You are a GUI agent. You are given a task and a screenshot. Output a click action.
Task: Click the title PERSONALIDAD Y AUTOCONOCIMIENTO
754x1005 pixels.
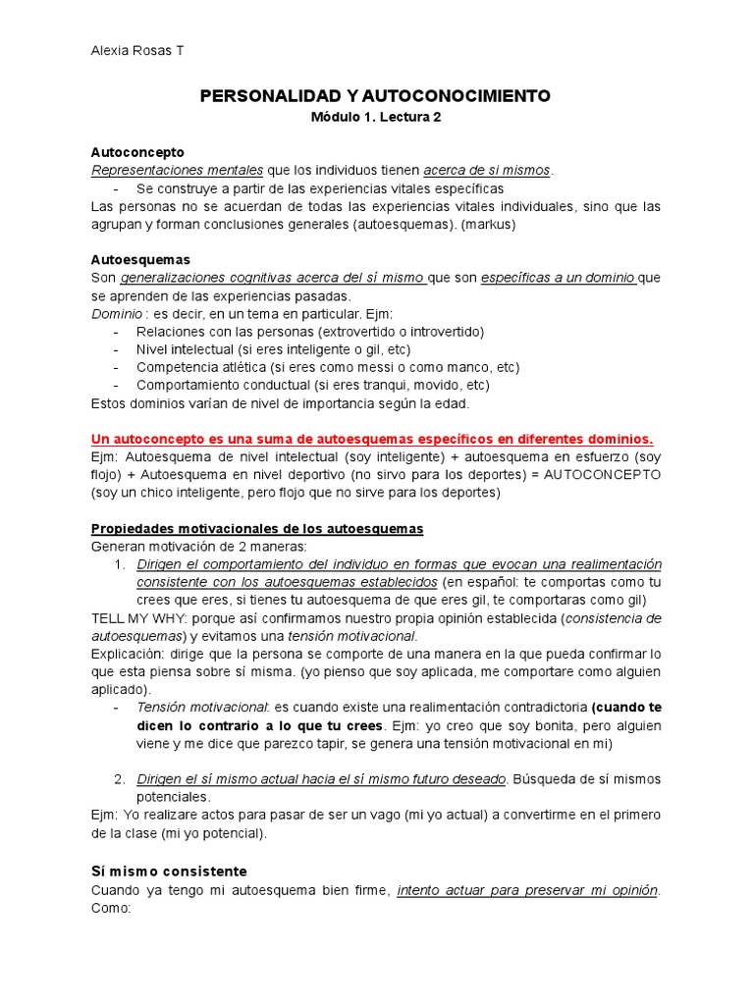coord(376,95)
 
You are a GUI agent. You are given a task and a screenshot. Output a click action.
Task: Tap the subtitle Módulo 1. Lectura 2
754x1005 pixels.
coord(376,117)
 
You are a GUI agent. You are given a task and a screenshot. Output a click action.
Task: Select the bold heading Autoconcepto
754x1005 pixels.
coord(136,152)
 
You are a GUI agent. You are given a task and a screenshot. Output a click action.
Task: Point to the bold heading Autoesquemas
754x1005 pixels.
coord(140,260)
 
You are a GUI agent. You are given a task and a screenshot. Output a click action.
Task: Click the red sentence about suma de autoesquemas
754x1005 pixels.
coord(372,439)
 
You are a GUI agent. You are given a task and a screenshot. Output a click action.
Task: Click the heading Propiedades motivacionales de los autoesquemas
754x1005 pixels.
coord(257,528)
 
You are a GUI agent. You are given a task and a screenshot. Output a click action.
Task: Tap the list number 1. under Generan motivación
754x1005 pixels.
coord(120,564)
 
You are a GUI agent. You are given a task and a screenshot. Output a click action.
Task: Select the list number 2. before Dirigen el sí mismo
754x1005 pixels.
coord(120,779)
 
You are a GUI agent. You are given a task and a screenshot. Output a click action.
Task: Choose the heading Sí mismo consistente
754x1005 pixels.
coord(169,871)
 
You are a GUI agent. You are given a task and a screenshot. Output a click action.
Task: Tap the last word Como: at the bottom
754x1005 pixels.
coord(110,909)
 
